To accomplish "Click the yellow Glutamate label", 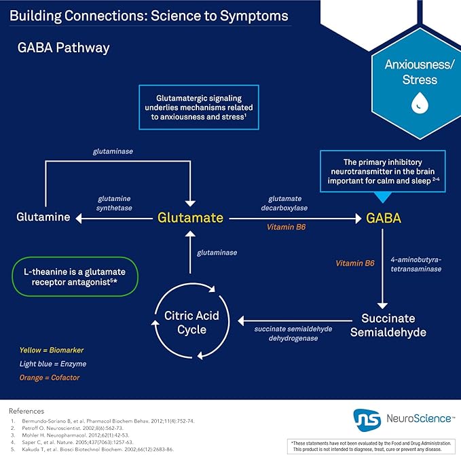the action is point(190,217).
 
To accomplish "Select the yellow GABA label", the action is point(384,218).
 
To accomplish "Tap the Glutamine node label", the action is point(43,217).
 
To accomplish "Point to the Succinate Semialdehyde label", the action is point(388,325).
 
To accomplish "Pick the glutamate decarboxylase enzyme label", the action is point(284,203).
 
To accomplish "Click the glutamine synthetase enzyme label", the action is point(114,203).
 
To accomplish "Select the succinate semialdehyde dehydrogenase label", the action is point(293,333).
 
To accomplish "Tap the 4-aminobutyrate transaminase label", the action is point(416,264).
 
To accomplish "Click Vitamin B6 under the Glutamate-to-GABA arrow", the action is point(286,227).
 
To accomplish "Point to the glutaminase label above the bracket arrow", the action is point(113,151).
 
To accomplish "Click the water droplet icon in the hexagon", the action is point(420,103).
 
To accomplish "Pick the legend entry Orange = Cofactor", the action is point(50,378).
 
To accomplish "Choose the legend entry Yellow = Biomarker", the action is point(52,350).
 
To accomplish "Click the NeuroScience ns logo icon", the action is point(367,420).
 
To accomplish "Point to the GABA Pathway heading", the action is point(64,48).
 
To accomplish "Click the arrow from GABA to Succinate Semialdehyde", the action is point(382,269).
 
